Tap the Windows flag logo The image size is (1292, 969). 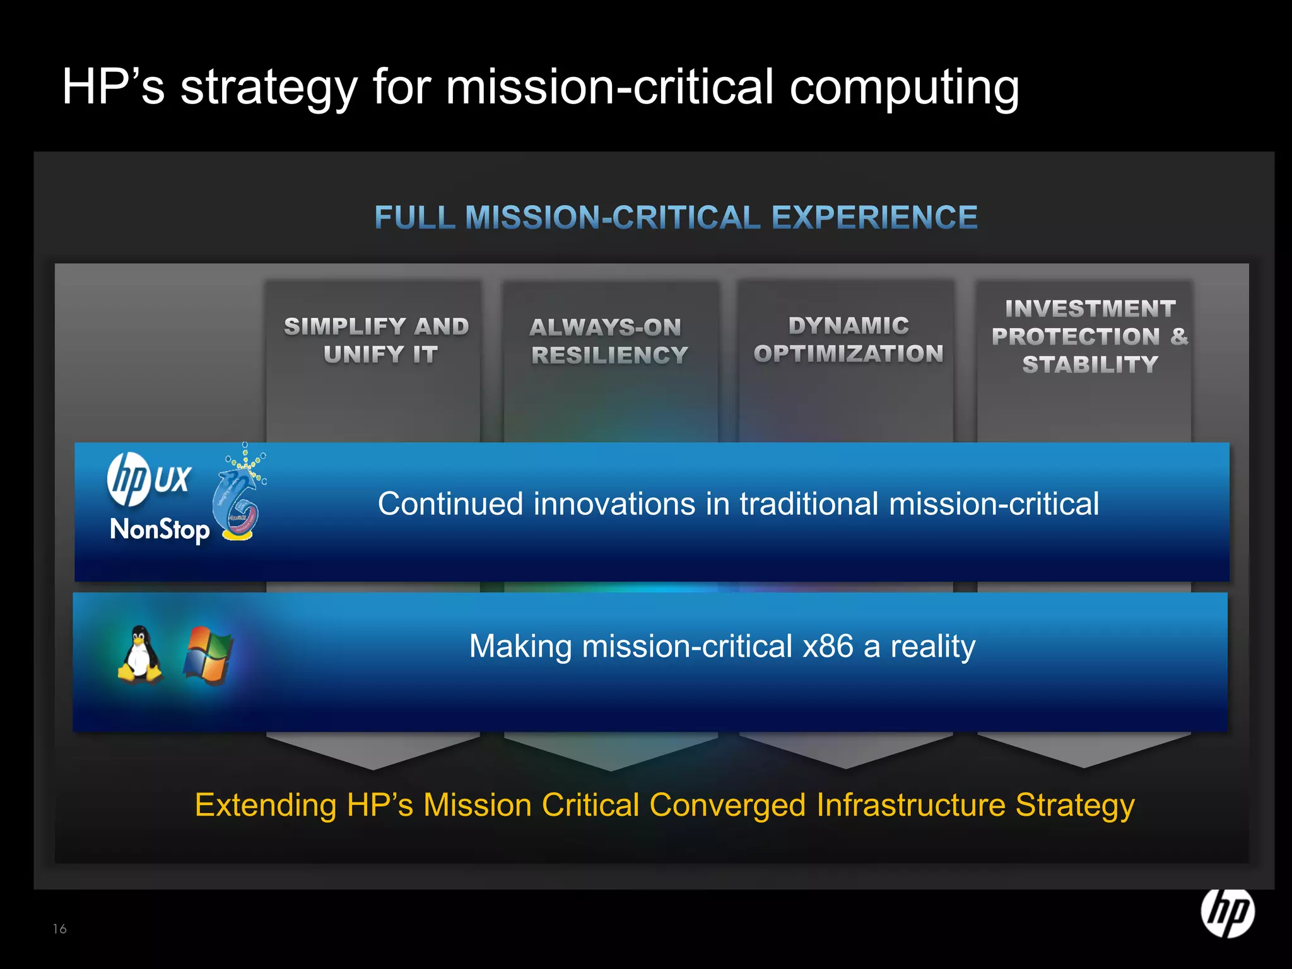pyautogui.click(x=208, y=655)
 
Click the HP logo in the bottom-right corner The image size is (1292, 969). pyautogui.click(x=1227, y=913)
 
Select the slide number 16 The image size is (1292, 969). pyautogui.click(x=60, y=929)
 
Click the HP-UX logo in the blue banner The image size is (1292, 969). pyautogui.click(x=149, y=480)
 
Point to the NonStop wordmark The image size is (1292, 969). pyautogui.click(x=160, y=529)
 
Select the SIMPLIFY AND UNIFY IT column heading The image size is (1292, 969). pyautogui.click(x=376, y=340)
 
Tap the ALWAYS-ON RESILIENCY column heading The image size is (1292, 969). pyautogui.click(x=608, y=341)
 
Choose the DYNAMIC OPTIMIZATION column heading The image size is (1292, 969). pyautogui.click(x=848, y=339)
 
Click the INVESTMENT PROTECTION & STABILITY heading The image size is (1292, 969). pyautogui.click(x=1089, y=336)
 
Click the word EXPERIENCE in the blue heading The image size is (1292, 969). pyautogui.click(x=874, y=218)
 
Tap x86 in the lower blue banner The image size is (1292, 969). pyautogui.click(x=828, y=646)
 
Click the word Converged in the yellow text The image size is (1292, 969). pyautogui.click(x=727, y=805)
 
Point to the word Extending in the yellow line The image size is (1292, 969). pyautogui.click(x=266, y=805)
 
